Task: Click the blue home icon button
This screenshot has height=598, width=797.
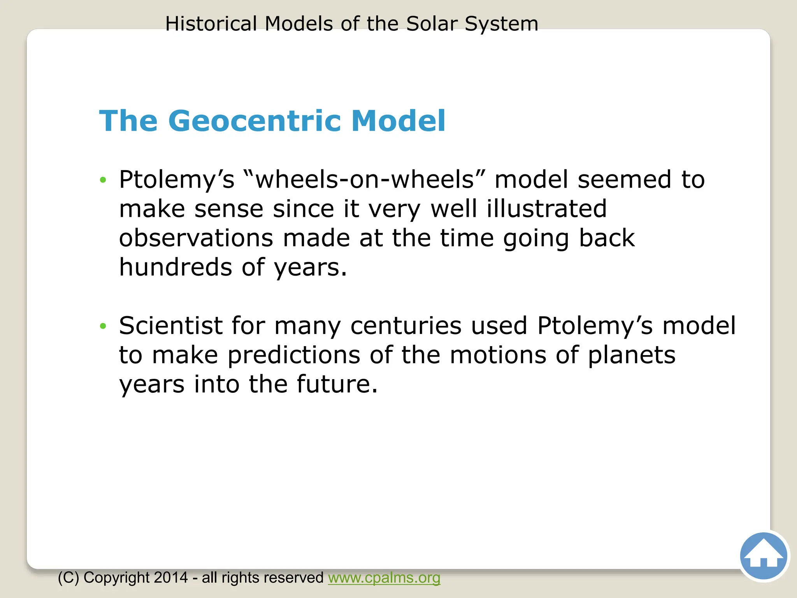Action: [x=763, y=556]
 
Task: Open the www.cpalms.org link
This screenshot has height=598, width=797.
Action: [x=384, y=577]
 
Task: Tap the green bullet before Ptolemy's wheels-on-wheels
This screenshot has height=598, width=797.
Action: [x=103, y=180]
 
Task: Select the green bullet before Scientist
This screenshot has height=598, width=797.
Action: [x=103, y=326]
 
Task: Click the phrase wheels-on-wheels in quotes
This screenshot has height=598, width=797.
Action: [x=364, y=179]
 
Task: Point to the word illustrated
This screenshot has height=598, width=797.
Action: [x=547, y=208]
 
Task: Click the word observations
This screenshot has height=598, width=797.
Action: [x=196, y=238]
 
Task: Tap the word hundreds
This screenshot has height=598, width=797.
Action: [x=175, y=267]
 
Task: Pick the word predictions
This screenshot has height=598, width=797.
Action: [x=294, y=355]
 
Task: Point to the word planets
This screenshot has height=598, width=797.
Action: [x=631, y=355]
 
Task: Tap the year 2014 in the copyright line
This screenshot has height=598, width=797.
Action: [x=171, y=577]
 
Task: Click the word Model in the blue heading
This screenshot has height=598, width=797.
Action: [x=398, y=121]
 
